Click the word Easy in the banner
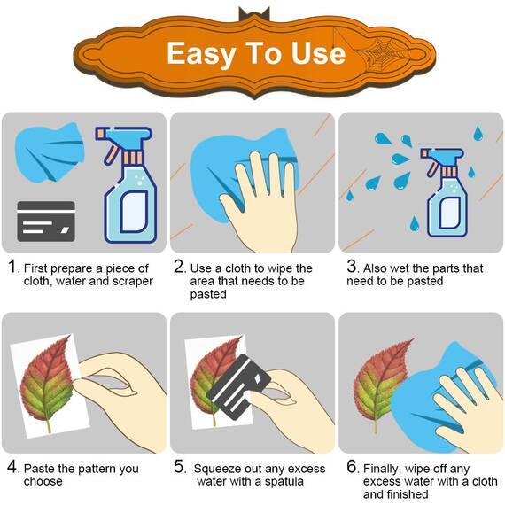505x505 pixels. (200, 54)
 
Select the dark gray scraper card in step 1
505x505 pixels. (46, 221)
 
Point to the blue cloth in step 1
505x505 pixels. (50, 152)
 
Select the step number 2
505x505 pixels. (179, 267)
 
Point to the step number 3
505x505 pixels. (352, 267)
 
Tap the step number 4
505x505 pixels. (12, 467)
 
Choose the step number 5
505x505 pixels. (179, 467)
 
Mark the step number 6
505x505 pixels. (352, 467)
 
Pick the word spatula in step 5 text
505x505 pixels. (284, 481)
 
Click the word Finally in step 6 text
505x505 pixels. (383, 469)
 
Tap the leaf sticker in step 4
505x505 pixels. (47, 384)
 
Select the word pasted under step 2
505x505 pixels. (208, 294)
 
